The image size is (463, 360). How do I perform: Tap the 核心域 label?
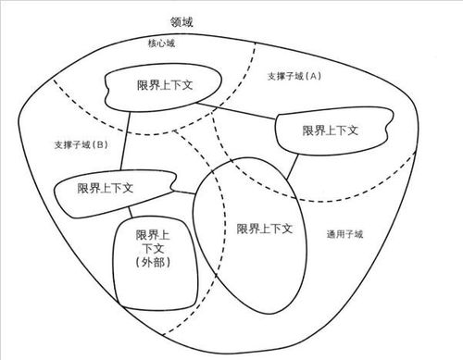point(162,43)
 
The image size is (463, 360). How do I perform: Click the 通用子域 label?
point(344,234)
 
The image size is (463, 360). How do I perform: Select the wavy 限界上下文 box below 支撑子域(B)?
point(101,188)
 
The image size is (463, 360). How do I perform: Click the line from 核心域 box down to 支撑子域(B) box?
point(125,141)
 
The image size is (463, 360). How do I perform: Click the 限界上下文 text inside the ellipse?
point(265,228)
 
